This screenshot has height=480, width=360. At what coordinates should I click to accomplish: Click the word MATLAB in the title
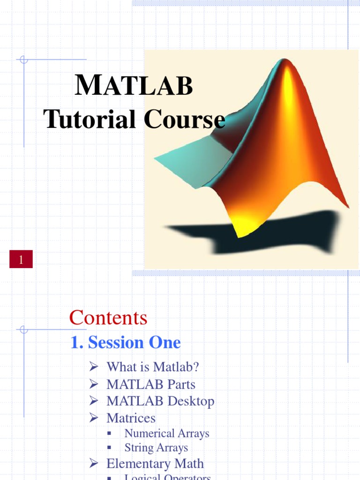tap(134, 87)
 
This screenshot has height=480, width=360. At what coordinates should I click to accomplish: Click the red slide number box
tap(21, 259)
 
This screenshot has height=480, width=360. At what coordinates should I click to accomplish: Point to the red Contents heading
tap(108, 318)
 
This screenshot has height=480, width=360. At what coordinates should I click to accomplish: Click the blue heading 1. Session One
tap(125, 343)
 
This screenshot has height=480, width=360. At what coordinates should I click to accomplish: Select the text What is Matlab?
tap(152, 367)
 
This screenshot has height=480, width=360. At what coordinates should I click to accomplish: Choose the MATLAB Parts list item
tap(150, 384)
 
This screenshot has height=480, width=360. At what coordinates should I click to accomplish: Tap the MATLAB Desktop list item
tap(160, 401)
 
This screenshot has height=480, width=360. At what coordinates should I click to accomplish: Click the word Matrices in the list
tap(131, 418)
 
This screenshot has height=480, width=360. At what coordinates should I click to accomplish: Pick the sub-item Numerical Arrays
tap(166, 434)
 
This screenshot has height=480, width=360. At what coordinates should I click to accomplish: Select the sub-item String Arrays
tap(156, 448)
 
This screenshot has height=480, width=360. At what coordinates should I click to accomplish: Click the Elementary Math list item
tap(155, 464)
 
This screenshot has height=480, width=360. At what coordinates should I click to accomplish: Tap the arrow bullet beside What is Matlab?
tap(93, 367)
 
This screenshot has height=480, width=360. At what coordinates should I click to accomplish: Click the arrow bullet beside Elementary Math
tap(93, 464)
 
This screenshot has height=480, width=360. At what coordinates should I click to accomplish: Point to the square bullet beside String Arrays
tap(109, 448)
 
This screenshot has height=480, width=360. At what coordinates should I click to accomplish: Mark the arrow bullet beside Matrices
tap(93, 418)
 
